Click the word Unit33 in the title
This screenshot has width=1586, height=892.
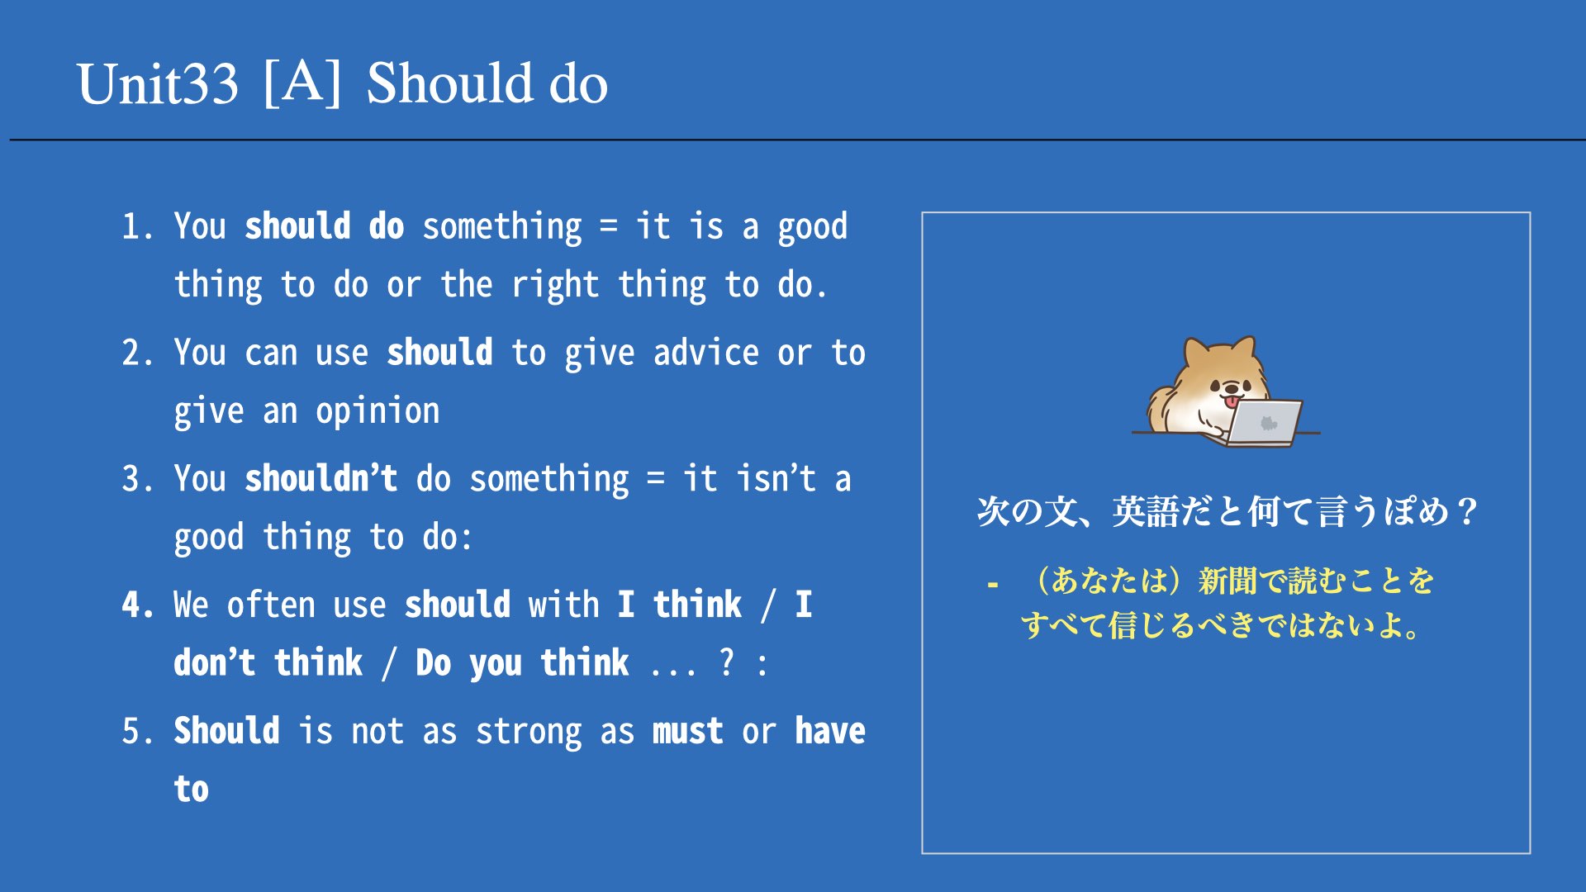click(x=158, y=83)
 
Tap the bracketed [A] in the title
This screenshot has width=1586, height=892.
click(x=302, y=83)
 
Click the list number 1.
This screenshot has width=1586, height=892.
click(x=137, y=226)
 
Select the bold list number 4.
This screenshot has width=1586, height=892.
click(x=138, y=605)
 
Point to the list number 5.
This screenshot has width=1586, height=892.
click(x=137, y=731)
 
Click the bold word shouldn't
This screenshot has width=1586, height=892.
click(x=321, y=478)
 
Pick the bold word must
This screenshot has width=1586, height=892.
click(x=687, y=731)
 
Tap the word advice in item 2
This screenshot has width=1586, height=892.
click(x=705, y=353)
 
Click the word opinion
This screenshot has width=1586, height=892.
click(x=378, y=411)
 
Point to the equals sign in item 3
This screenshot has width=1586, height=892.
click(x=656, y=479)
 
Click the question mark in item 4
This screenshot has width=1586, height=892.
click(x=726, y=662)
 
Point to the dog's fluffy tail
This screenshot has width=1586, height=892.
click(x=1163, y=407)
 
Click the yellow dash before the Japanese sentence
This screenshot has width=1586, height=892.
click(x=993, y=586)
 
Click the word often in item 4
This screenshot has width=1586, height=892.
click(x=271, y=605)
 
